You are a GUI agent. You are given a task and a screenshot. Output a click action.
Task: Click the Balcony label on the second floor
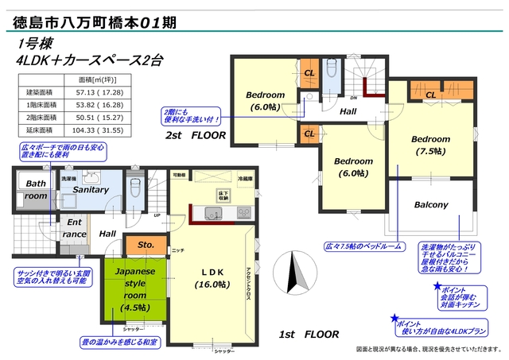431,205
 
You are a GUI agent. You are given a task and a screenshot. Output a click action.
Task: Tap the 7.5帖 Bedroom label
430,146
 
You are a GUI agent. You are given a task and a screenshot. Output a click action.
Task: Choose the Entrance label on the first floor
75,228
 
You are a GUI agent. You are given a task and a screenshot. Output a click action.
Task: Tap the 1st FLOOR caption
309,334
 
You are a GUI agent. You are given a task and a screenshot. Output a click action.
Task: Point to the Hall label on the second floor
348,112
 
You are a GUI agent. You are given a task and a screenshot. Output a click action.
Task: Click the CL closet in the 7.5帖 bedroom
429,95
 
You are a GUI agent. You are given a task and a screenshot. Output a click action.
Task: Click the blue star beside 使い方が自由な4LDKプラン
394,319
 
